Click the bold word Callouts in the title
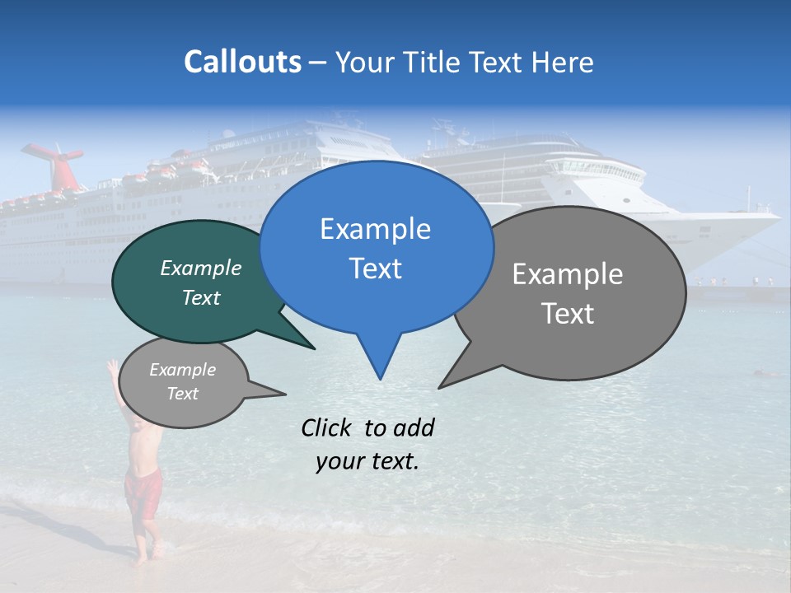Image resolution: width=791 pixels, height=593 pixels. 242,62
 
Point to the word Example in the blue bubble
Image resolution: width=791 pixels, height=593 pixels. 375,229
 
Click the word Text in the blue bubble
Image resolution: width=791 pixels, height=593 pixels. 375,268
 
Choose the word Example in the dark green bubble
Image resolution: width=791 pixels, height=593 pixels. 200,268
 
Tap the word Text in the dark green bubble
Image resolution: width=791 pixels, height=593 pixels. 200,297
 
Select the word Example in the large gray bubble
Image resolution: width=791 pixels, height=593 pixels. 568,274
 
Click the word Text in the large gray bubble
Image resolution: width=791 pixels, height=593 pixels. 568,314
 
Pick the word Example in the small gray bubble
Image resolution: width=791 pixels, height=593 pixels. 182,370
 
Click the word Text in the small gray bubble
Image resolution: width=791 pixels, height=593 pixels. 182,394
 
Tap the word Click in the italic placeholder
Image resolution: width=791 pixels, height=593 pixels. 326,428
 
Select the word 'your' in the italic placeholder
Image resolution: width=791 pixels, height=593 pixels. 338,461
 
